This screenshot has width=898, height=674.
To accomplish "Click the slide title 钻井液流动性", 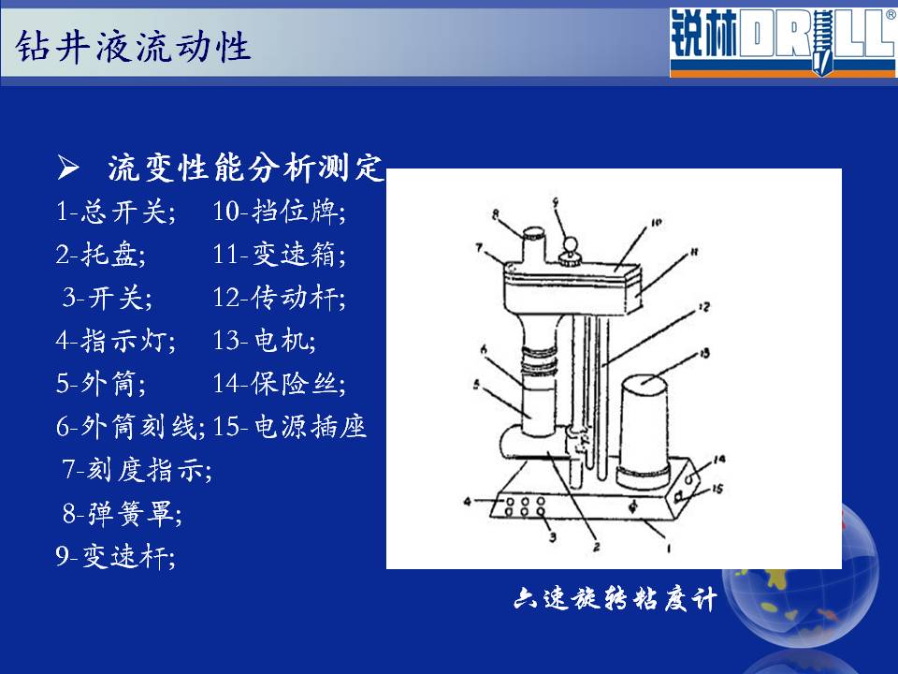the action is coord(133,46).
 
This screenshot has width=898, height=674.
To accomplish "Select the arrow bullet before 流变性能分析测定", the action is coord(68,168).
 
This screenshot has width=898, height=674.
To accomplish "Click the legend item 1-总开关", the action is coord(116,212).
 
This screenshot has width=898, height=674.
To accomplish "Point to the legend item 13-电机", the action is coord(264,341).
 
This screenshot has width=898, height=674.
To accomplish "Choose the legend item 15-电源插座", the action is coord(289,427).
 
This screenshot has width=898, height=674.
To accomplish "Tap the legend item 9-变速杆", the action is coord(116,556).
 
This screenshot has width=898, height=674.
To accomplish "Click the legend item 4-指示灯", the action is coord(116,341).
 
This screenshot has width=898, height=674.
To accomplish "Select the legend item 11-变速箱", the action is coord(280,255).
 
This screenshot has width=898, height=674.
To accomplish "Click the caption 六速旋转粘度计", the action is coord(616,599).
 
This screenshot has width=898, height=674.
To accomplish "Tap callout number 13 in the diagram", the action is coord(704,353).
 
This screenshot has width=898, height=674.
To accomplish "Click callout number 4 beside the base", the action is coord(468,502).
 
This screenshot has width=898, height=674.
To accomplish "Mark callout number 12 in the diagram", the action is coord(703,308).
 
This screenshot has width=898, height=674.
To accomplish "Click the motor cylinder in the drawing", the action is coord(645,431).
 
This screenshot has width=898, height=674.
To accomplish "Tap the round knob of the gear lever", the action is coord(570,244).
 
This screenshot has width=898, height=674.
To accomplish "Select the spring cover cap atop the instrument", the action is coord(534,233).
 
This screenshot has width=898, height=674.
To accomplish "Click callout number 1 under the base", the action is coord(669,549).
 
